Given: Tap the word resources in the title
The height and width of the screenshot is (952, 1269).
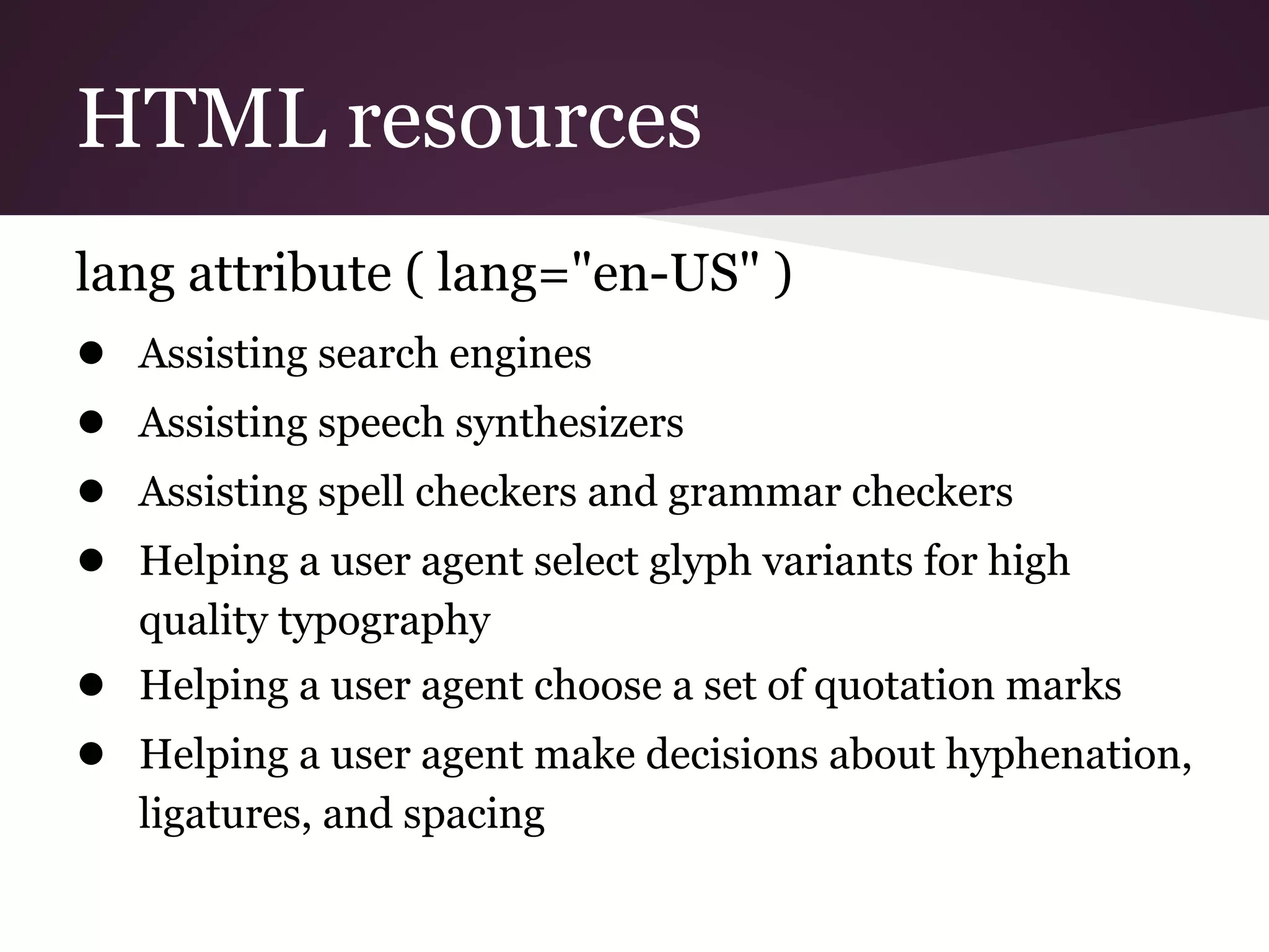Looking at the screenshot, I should point(524,119).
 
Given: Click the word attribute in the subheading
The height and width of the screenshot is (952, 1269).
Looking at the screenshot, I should point(290,273).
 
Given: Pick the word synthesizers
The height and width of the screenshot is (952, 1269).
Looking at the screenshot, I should point(569,424).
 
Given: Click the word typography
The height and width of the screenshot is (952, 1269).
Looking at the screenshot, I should point(384,622).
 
